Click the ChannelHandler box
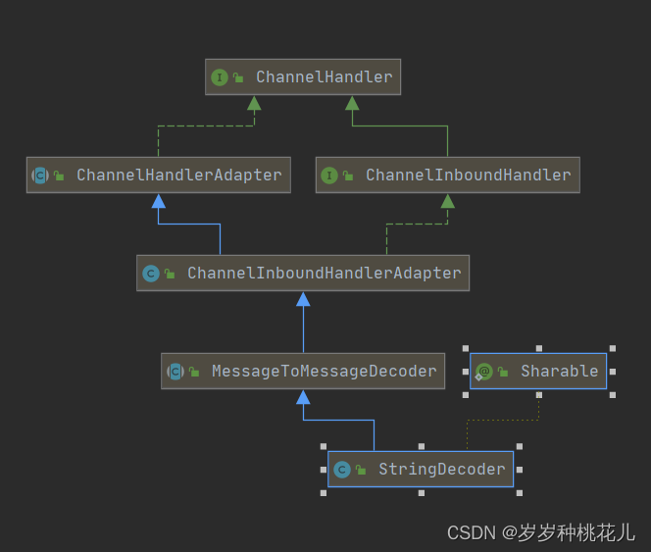(x=304, y=76)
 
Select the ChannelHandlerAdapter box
(x=158, y=176)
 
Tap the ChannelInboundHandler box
(x=447, y=176)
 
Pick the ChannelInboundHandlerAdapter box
(x=303, y=274)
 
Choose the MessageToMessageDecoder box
(x=303, y=372)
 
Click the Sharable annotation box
(x=538, y=371)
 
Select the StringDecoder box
(x=421, y=470)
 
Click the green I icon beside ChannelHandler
(x=220, y=77)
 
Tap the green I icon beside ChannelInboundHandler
(x=329, y=176)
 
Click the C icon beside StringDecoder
(x=341, y=470)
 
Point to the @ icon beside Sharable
(x=483, y=372)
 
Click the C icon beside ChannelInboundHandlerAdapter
(x=150, y=274)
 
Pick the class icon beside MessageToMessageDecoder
(x=175, y=372)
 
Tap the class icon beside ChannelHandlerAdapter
(x=39, y=176)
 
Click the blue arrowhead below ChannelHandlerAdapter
(x=158, y=200)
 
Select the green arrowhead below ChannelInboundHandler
(x=447, y=200)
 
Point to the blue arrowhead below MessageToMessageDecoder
(x=303, y=396)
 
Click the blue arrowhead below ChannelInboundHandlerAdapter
(x=303, y=298)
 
